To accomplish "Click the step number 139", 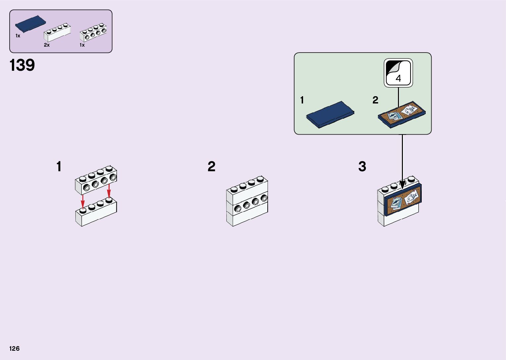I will pyautogui.click(x=22, y=65).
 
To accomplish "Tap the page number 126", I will pyautogui.click(x=15, y=348).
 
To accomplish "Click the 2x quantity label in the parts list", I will pyautogui.click(x=47, y=45).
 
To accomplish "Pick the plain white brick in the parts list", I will pyautogui.click(x=57, y=33).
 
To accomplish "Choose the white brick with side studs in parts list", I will pyautogui.click(x=93, y=32).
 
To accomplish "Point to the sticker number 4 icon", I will pyautogui.click(x=398, y=73).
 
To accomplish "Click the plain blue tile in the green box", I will pyautogui.click(x=330, y=114).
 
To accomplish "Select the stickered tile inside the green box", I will pyautogui.click(x=402, y=114).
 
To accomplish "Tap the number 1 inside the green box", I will pyautogui.click(x=302, y=100).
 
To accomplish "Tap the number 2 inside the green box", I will pyautogui.click(x=375, y=100).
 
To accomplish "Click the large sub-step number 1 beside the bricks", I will pyautogui.click(x=59, y=167).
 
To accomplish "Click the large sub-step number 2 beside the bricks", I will pyautogui.click(x=212, y=167).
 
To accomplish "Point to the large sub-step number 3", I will pyautogui.click(x=362, y=167).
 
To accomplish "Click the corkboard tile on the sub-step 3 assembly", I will pyautogui.click(x=403, y=200).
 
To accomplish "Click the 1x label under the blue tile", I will pyautogui.click(x=18, y=36).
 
